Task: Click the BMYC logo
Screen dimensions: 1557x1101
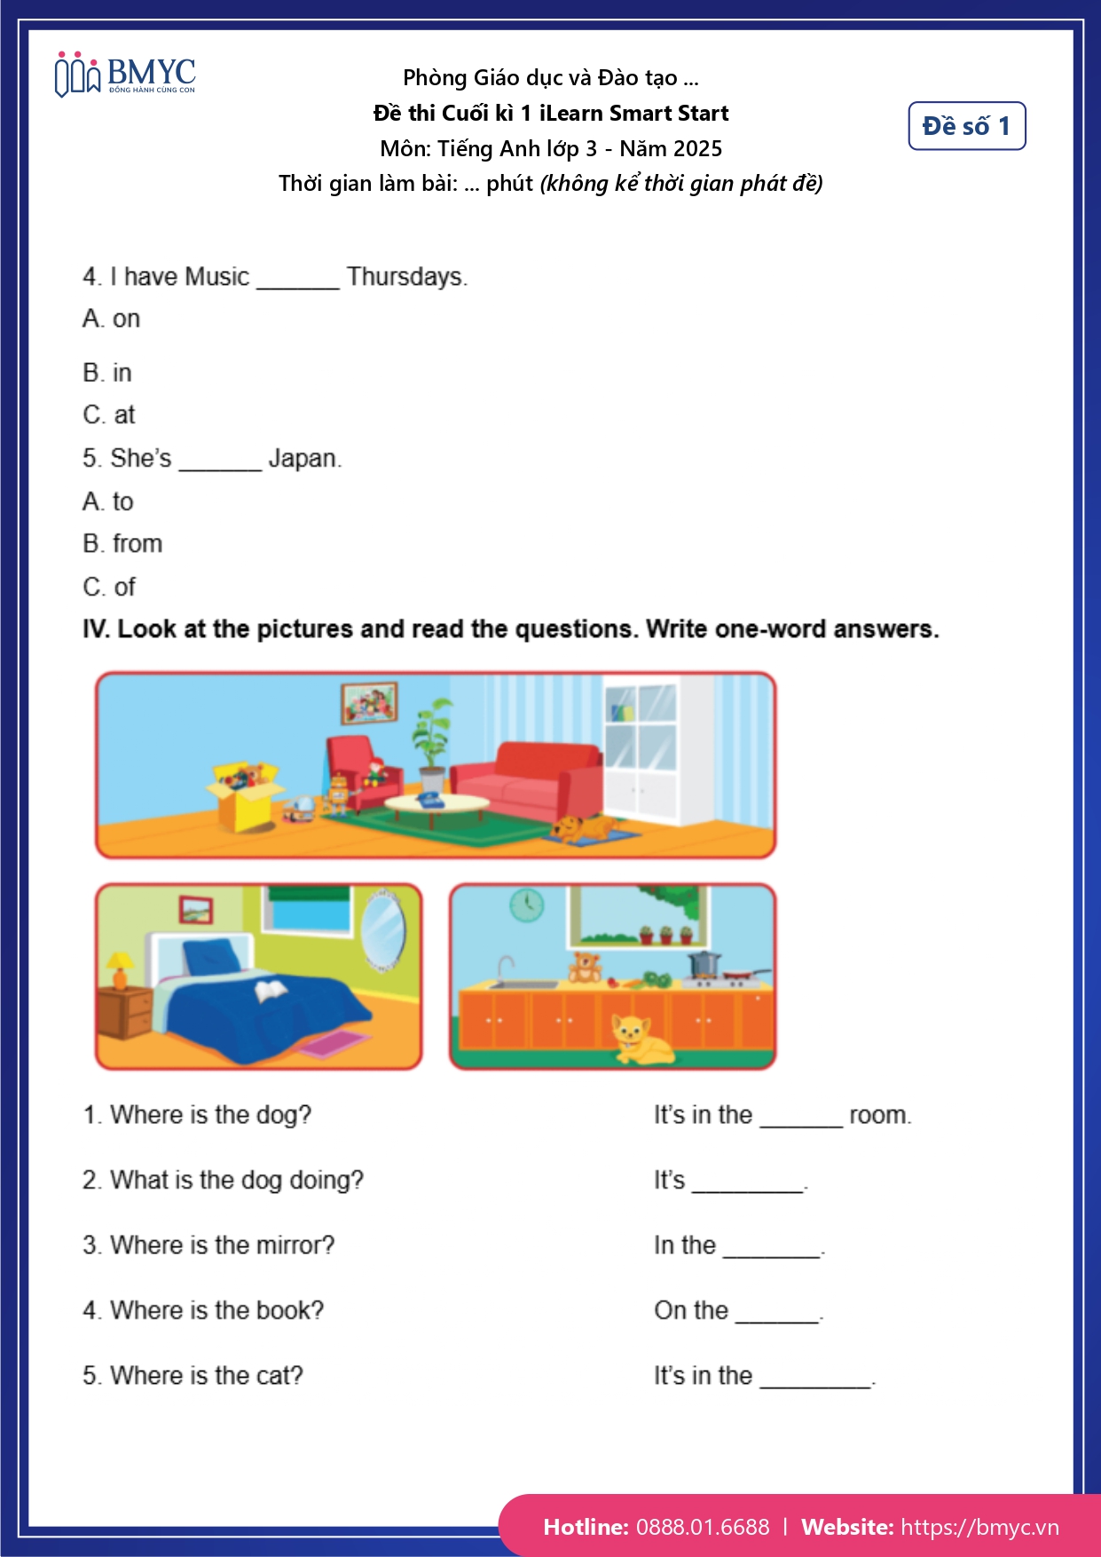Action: click(125, 75)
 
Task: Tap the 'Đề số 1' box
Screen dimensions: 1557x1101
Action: click(966, 126)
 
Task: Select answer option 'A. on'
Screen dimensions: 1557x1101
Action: click(112, 319)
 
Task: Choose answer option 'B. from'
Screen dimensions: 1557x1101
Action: click(122, 543)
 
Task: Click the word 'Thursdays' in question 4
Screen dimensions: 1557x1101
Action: click(405, 277)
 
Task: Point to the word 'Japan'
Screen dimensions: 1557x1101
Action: click(303, 459)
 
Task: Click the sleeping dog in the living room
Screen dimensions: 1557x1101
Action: click(585, 828)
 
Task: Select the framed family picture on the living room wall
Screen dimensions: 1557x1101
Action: click(369, 703)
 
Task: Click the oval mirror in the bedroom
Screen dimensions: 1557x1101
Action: click(384, 933)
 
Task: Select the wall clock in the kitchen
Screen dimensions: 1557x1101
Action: click(526, 905)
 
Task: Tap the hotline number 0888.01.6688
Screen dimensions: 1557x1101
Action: click(703, 1527)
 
